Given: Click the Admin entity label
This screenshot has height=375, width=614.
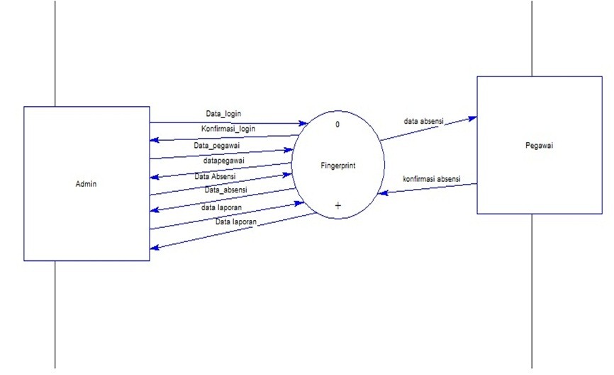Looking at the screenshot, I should point(85,184).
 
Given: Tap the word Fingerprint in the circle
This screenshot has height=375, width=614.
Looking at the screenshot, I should point(337,166).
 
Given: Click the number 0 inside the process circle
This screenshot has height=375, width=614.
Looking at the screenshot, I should point(337,125).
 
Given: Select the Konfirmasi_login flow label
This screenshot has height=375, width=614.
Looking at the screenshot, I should point(228,129).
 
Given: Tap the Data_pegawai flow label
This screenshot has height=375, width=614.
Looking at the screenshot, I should point(218,146).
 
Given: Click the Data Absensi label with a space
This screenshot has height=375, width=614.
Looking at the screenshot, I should point(215,176).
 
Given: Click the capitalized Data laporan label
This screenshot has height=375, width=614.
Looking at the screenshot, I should point(236,222).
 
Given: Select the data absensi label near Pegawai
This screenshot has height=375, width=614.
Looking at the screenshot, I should point(423,121).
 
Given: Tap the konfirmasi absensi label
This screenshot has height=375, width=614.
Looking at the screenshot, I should point(431,179).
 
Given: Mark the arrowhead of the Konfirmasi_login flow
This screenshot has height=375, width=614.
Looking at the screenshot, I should point(154,139).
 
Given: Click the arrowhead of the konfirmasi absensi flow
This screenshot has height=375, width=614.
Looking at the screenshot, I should point(382,191).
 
